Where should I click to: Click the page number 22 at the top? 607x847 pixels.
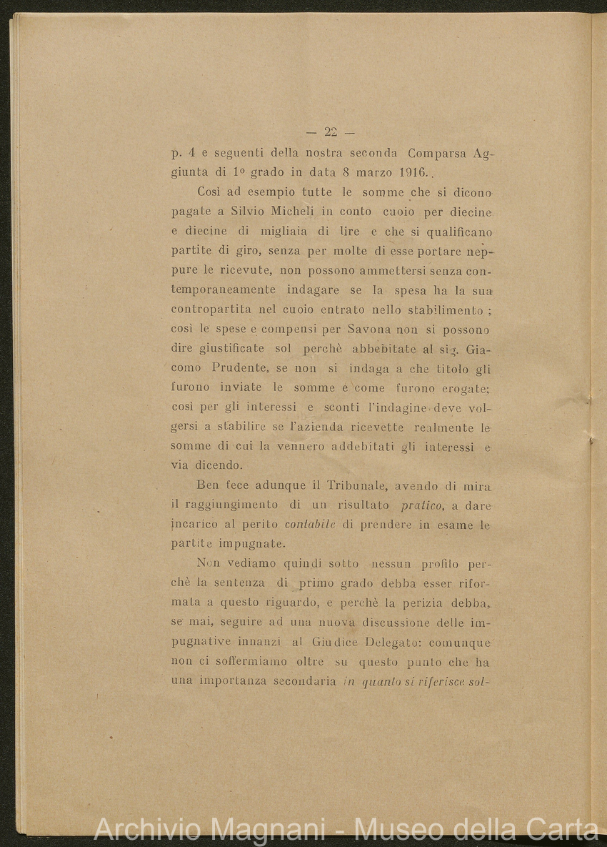tap(330, 132)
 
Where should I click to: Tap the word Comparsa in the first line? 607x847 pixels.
tap(437, 153)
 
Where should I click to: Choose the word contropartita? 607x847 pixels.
tap(211, 309)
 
